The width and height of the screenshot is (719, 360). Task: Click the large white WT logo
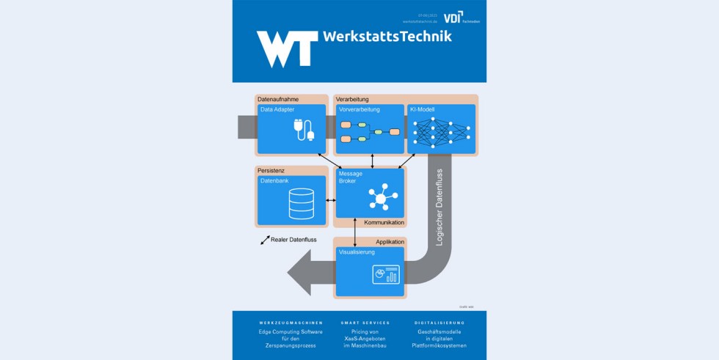click(x=287, y=48)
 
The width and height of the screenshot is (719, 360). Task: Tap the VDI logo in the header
click(x=453, y=17)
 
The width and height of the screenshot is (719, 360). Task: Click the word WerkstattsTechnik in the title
click(x=386, y=37)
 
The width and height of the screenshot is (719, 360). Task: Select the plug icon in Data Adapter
click(x=303, y=131)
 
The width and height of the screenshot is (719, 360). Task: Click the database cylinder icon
click(x=301, y=203)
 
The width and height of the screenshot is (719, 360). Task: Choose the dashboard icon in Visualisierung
click(x=385, y=274)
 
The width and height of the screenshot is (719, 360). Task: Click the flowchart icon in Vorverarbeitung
click(x=370, y=131)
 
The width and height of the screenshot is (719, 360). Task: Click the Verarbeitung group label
click(x=352, y=99)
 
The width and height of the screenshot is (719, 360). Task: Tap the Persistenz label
click(x=271, y=170)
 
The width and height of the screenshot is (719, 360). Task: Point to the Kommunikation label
click(x=384, y=221)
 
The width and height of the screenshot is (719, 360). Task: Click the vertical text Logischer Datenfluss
click(x=439, y=206)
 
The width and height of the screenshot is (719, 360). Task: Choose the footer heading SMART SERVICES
click(x=365, y=323)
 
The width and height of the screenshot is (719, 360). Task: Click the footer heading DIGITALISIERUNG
click(x=439, y=323)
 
